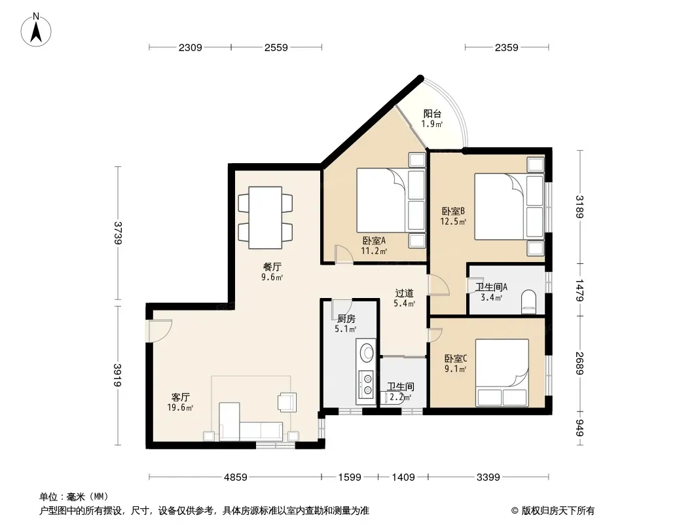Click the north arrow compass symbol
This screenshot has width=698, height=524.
point(36,29)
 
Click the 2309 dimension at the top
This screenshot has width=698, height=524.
point(190,47)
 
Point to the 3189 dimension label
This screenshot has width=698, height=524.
point(579,206)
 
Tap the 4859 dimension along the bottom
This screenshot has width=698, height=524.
point(236,477)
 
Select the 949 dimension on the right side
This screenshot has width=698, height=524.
point(579,428)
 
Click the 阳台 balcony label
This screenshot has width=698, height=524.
point(432,114)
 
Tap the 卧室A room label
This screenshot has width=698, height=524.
point(374,241)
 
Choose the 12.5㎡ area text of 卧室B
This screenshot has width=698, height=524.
point(453,221)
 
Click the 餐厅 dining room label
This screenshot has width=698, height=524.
point(272,267)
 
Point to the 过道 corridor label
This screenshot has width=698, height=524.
point(404,293)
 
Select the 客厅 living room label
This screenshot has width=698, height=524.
point(180,397)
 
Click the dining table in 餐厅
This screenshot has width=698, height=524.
point(265,217)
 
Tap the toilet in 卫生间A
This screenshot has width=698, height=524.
point(529,301)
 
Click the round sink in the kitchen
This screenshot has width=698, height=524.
point(367,352)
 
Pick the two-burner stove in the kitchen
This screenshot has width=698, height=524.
point(367,384)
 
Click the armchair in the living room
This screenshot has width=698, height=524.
point(287,401)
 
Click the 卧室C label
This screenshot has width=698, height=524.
point(455,358)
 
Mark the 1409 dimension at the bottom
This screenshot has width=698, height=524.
point(403,477)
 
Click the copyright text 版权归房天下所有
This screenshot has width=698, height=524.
point(558,511)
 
